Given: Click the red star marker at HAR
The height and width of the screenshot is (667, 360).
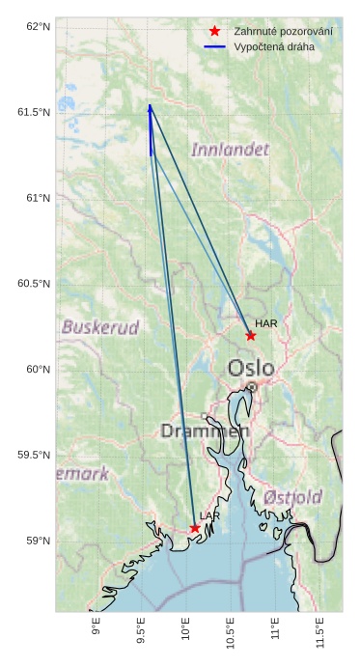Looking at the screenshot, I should [x=251, y=336].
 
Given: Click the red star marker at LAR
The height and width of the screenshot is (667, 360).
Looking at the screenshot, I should [x=195, y=528].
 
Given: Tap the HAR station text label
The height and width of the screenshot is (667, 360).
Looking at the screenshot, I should [x=266, y=324].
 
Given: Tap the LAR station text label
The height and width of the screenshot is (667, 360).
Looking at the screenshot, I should [x=209, y=517].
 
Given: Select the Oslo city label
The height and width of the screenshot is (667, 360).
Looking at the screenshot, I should [x=251, y=368].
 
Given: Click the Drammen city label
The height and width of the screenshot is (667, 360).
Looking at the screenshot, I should [x=205, y=431].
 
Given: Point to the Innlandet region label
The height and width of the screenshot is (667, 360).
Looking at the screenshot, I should [x=230, y=150].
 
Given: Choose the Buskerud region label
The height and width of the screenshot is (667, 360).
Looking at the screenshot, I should [x=100, y=327].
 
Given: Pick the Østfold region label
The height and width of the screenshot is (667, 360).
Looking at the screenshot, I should [x=292, y=497].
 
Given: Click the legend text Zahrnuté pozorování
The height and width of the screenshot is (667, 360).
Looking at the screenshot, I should [x=283, y=32].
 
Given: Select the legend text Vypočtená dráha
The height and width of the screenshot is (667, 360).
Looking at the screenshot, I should [x=273, y=46].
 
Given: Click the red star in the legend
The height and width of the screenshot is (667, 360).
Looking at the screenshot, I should [x=214, y=31].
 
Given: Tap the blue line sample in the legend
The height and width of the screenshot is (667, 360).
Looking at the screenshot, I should [x=214, y=46].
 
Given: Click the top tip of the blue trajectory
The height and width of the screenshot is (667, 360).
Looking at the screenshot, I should [x=150, y=105].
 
